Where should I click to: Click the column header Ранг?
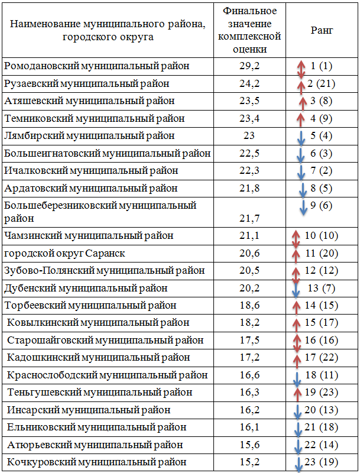(x=322, y=30)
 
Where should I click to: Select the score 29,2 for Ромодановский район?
(x=249, y=66)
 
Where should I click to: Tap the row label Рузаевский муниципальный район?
(x=86, y=83)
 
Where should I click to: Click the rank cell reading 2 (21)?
(x=321, y=83)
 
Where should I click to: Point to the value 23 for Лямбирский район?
(x=249, y=136)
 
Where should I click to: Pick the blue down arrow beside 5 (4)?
(x=301, y=138)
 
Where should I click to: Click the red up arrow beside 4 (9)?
(x=300, y=120)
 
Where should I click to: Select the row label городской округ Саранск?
(x=64, y=254)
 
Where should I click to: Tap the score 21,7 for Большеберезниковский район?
(x=249, y=218)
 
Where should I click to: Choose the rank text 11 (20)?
(x=322, y=253)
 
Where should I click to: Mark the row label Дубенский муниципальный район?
(x=86, y=289)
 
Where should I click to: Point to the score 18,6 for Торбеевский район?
(x=249, y=305)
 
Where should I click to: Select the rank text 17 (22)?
(x=322, y=358)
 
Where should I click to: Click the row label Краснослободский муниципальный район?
(x=108, y=375)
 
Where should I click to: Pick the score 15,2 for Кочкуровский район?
(x=249, y=462)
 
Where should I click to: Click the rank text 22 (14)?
(x=322, y=445)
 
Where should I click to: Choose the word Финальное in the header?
(x=249, y=11)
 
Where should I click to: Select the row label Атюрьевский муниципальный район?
(x=95, y=445)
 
